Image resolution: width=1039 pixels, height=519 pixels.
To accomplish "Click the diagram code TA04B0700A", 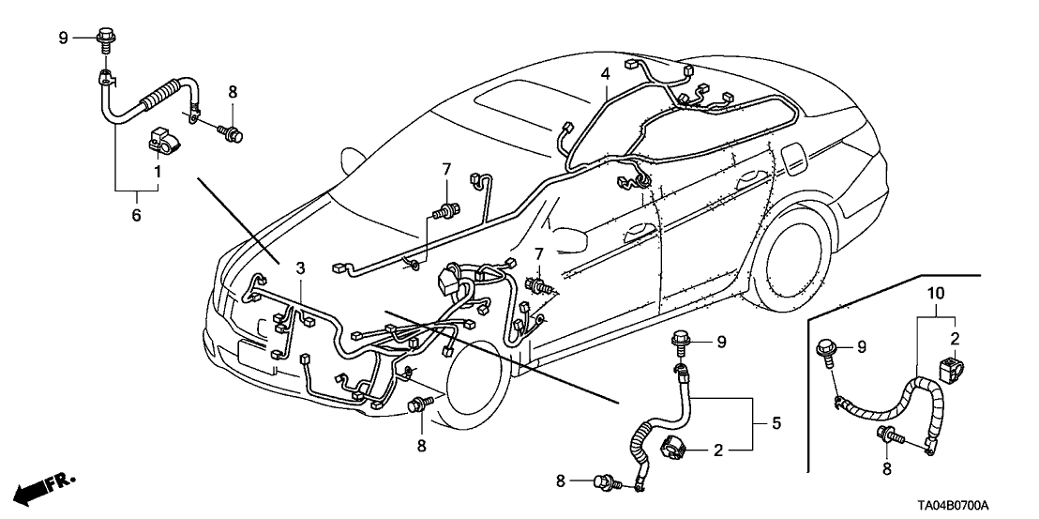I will tap(978, 506).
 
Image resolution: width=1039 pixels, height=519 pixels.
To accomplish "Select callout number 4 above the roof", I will tap(605, 72).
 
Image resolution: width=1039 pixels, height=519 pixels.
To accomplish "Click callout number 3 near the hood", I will tap(299, 269).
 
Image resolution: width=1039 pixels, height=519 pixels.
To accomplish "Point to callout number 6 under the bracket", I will tap(136, 215).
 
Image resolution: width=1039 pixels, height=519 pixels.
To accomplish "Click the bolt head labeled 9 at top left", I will tap(105, 39).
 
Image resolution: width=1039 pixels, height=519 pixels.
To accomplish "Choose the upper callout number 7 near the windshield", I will tap(447, 170).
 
